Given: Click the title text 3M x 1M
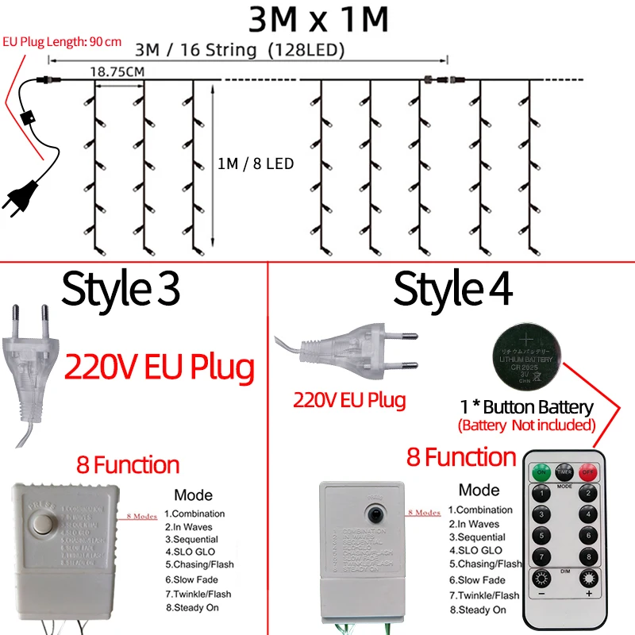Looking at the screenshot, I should pyautogui.click(x=318, y=19).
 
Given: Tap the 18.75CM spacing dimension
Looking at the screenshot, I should pyautogui.click(x=116, y=71).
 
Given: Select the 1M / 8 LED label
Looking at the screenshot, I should pyautogui.click(x=256, y=164).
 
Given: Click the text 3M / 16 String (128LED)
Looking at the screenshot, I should pyautogui.click(x=241, y=50).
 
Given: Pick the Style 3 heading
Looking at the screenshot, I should pyautogui.click(x=121, y=289).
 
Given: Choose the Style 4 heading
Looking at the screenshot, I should pyautogui.click(x=453, y=289).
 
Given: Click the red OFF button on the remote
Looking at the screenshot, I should pyautogui.click(x=588, y=471).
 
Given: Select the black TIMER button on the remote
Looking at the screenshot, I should pyautogui.click(x=564, y=471).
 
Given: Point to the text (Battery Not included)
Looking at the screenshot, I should pyautogui.click(x=526, y=425).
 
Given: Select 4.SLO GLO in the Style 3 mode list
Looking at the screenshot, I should pyautogui.click(x=190, y=550).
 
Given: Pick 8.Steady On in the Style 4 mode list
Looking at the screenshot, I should pyautogui.click(x=477, y=610).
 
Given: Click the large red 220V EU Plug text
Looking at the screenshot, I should pyautogui.click(x=160, y=368).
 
